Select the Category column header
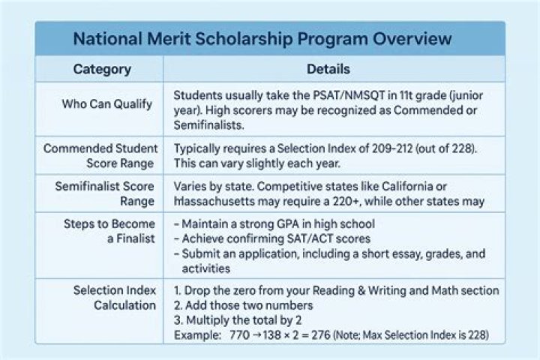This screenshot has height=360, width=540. point(102,70)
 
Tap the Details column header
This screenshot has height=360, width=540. point(328,70)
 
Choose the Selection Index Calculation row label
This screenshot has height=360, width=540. point(114,297)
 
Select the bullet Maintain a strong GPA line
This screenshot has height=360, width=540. point(273,224)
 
